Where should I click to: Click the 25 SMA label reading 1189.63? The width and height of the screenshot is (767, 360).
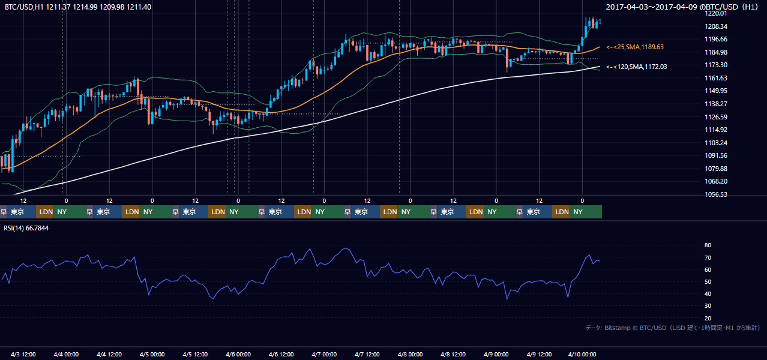point(635,47)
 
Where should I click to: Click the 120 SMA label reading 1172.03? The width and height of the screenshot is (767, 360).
point(637,67)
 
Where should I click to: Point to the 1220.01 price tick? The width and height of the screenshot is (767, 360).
point(715,13)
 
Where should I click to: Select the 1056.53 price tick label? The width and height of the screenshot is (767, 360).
point(715,194)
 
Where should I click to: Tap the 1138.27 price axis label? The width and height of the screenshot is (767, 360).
point(715,104)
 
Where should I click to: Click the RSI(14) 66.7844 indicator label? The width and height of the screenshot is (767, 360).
point(26,228)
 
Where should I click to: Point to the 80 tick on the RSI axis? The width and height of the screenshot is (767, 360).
point(708,245)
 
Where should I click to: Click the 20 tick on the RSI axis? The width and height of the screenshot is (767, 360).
point(708,318)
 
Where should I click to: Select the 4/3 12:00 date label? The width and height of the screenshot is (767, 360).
point(23,355)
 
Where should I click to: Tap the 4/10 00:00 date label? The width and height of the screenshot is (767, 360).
point(582,355)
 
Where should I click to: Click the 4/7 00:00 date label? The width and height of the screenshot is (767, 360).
point(324,355)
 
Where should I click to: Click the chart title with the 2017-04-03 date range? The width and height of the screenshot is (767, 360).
point(682,7)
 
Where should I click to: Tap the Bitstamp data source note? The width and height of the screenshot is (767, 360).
point(673,328)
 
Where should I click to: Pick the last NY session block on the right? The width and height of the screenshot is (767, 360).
point(586,212)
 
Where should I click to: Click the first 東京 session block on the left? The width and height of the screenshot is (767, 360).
point(21,212)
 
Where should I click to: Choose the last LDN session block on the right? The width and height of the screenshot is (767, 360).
point(561,212)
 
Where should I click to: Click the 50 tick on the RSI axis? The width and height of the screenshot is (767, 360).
point(708,281)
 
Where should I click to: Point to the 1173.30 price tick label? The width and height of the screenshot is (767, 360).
point(715,65)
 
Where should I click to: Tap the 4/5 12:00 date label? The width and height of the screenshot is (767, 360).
point(195,355)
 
